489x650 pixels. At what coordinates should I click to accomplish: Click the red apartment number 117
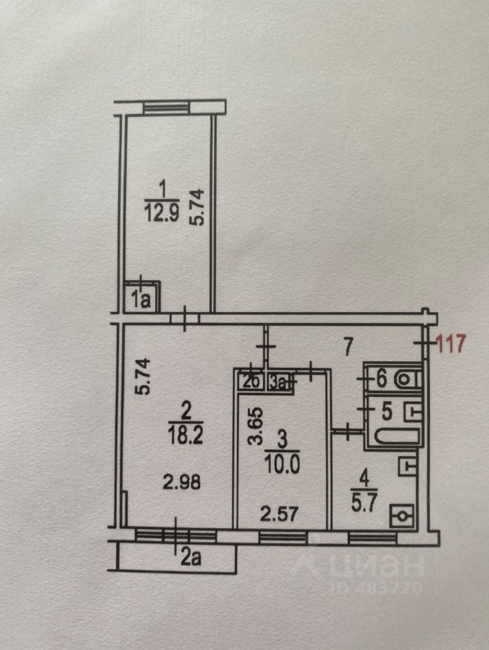(452, 342)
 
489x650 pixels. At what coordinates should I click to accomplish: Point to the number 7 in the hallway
(348, 346)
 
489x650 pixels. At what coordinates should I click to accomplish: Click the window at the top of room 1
(166, 107)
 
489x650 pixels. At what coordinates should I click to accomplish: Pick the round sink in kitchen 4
(403, 516)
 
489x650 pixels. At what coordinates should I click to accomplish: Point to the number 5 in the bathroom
(386, 411)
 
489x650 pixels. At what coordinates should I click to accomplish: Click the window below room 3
(282, 536)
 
